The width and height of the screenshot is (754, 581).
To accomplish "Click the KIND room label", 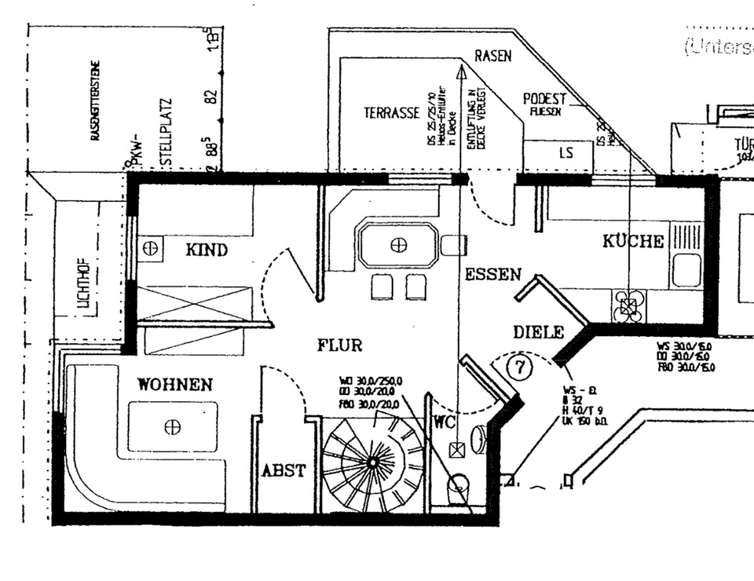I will coord(207,250).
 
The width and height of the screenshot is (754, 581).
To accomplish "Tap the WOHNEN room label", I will coord(175,385).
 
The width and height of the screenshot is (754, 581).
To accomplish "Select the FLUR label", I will coord(340,345).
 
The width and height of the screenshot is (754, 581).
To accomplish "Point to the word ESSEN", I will coord(493,275).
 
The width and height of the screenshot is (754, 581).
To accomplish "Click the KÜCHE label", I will coord(633,242).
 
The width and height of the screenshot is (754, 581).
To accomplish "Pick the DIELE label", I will coord(539,332).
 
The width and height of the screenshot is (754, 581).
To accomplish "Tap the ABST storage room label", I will coord(284,471).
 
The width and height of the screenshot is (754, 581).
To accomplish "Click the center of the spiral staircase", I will coord(372,462).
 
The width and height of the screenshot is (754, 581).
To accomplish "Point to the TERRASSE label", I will coord(391,113).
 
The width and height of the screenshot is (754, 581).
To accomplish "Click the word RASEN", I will coord(492,57).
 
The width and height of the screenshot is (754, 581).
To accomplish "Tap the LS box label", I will coord(565,153).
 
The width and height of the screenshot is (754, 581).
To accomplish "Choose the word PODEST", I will coord(544,99).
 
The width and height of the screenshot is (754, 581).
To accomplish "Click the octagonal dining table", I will coord(399,246).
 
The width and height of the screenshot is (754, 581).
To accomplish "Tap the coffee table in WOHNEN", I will coord(173,426).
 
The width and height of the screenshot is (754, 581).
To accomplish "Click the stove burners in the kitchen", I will coord(628,305).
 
